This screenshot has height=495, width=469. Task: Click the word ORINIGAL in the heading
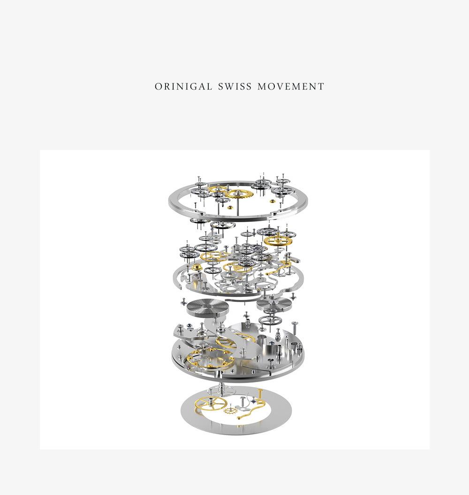(183, 87)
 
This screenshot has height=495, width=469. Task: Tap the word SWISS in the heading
(235, 87)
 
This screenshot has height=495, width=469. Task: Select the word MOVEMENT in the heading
(291, 87)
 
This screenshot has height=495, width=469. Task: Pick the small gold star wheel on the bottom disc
(231, 411)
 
